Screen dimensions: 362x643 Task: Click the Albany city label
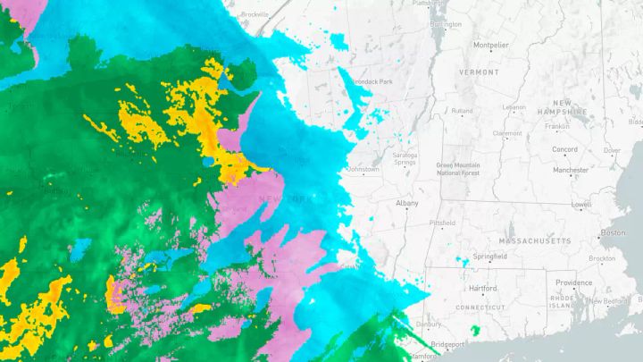(406, 204)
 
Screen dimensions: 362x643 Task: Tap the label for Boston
(613, 232)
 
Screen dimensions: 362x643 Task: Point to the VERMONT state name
(480, 72)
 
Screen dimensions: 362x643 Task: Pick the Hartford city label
(482, 289)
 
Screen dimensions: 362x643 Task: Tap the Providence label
(573, 282)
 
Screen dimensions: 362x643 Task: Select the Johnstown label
(363, 169)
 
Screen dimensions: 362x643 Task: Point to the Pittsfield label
(442, 223)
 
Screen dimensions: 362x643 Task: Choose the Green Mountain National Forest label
(458, 169)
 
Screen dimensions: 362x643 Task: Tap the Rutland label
(462, 111)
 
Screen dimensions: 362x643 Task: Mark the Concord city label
(564, 149)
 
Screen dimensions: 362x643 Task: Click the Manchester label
(571, 170)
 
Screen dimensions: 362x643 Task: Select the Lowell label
(581, 205)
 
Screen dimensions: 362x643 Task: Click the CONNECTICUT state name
(480, 307)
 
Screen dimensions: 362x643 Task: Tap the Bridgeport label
(447, 345)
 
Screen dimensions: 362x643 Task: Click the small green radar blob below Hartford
(475, 331)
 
